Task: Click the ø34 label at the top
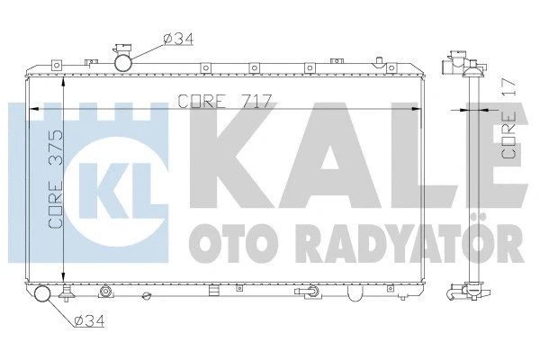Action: point(178,38)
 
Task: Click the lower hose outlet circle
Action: point(42,294)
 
